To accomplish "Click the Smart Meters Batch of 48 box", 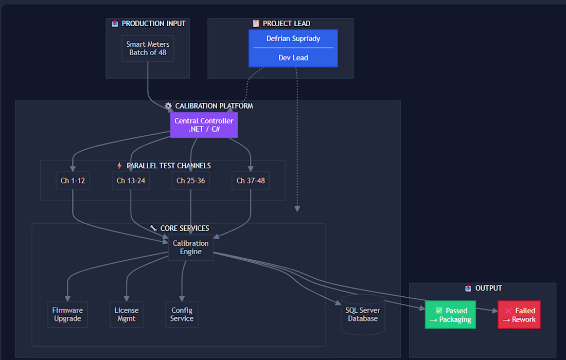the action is [148, 48].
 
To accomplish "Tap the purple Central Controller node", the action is [204, 125].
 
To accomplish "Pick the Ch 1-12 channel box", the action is [73, 181].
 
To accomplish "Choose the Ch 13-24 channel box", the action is [131, 181].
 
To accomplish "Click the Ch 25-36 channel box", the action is [190, 181].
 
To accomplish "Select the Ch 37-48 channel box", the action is [251, 181].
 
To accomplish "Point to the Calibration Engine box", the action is [190, 247].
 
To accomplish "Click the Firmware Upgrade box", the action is [67, 315].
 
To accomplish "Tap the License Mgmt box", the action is [127, 315].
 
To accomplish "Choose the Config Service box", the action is [182, 315].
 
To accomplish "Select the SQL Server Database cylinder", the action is [363, 315].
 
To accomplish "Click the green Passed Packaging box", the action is [451, 315].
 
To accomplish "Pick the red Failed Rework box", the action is [519, 315].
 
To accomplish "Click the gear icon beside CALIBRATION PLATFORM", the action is [168, 106].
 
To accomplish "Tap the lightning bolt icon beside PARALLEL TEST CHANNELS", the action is [119, 166].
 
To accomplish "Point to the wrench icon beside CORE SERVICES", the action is [153, 228].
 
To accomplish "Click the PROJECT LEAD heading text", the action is [286, 24].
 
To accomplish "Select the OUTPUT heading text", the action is [488, 288].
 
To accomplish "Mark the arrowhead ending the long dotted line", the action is [297, 209].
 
